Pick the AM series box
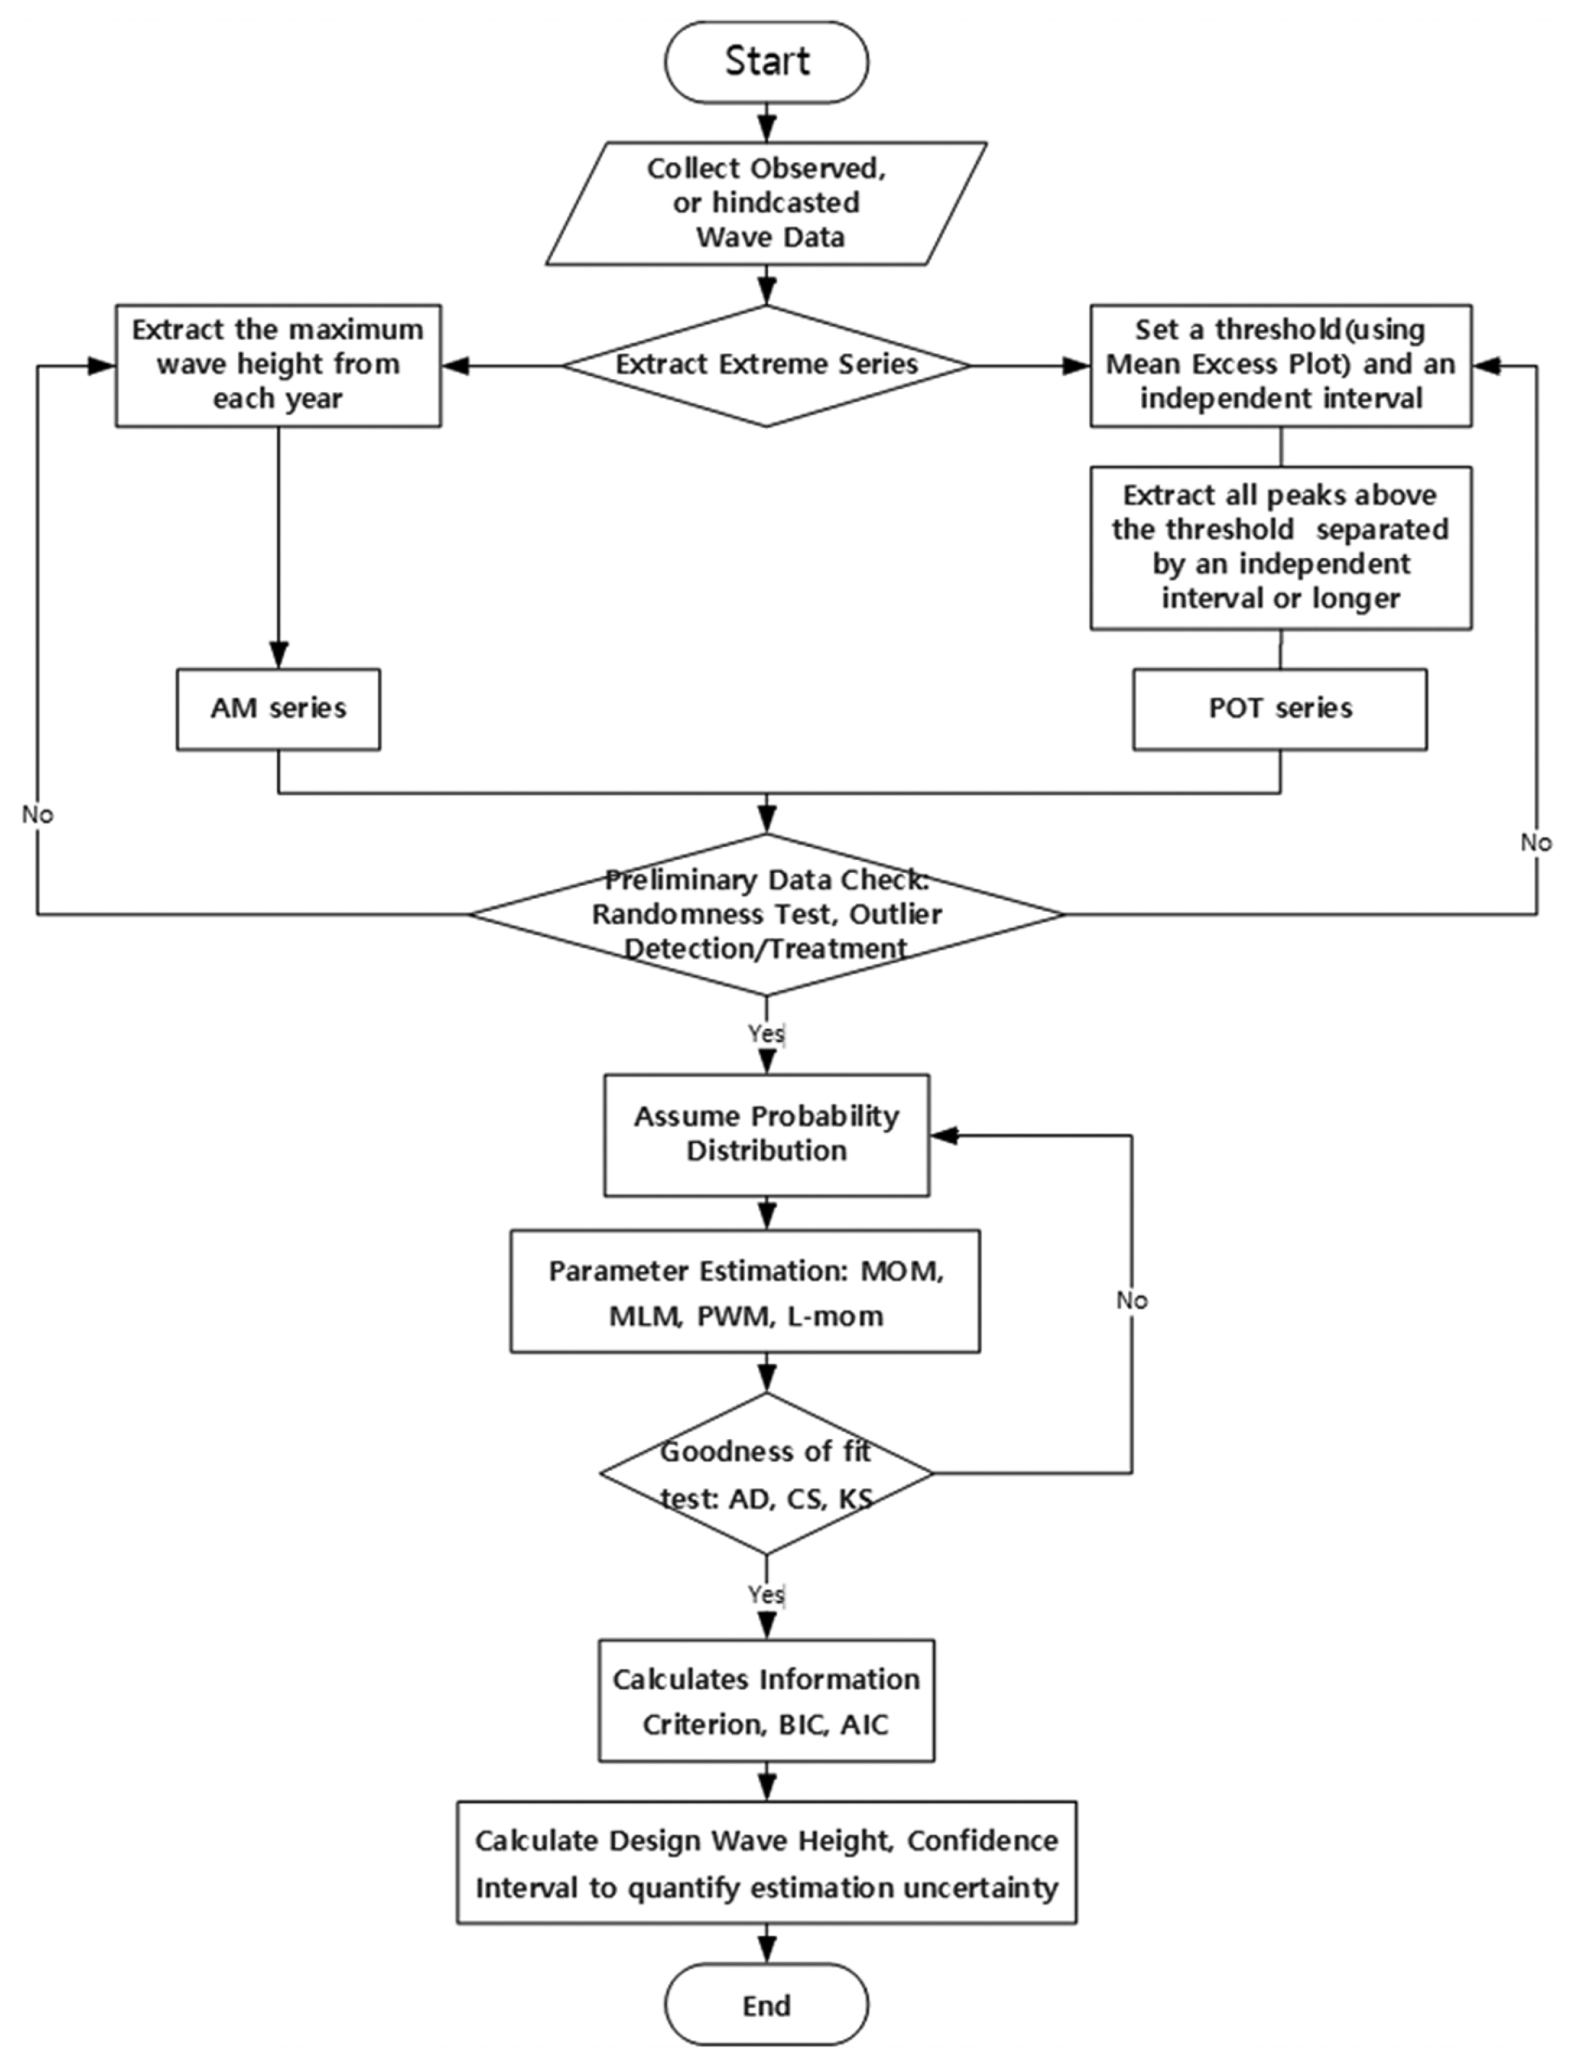tap(278, 709)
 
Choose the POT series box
tap(1280, 709)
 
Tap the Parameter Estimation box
tap(746, 1292)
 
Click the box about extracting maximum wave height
tap(278, 365)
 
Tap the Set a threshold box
tap(1280, 365)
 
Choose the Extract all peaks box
tap(1280, 547)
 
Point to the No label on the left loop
tap(38, 815)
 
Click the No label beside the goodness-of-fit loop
tap(1132, 1300)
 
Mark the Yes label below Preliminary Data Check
tap(765, 1033)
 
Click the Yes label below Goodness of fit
tap(765, 1593)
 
